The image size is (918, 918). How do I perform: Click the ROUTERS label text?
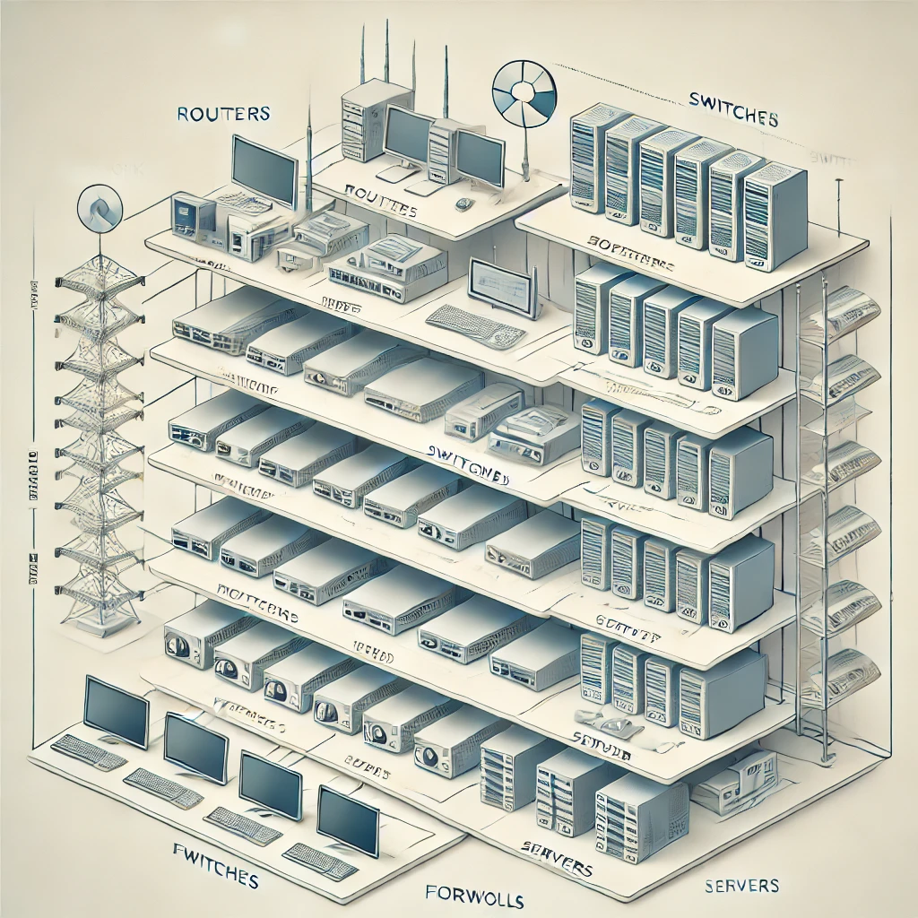click(x=224, y=114)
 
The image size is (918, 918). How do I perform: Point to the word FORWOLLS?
click(x=475, y=897)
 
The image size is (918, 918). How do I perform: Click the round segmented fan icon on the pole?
click(x=524, y=93)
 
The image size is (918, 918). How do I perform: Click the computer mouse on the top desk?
click(x=463, y=204)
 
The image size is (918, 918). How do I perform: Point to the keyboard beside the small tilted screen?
click(x=475, y=325)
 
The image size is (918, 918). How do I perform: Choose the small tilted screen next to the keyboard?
click(x=505, y=286)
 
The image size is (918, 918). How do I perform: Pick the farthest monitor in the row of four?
click(x=116, y=712)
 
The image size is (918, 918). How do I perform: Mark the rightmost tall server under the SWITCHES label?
click(x=775, y=214)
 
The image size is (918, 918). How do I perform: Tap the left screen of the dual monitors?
click(x=408, y=135)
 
